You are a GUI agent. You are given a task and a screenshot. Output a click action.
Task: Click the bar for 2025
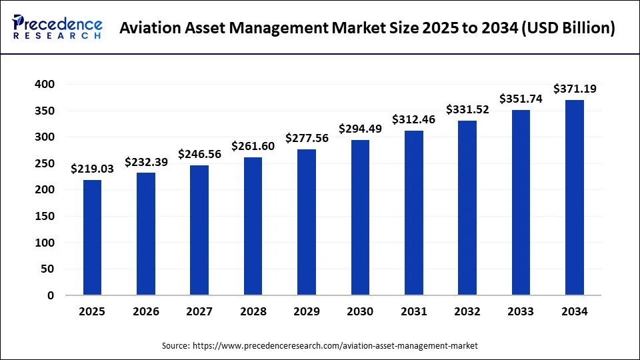point(93,237)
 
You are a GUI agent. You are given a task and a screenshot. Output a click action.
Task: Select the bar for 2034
point(574,197)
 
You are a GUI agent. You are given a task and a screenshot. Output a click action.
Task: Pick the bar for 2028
point(253,226)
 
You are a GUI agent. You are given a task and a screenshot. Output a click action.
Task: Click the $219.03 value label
point(93,169)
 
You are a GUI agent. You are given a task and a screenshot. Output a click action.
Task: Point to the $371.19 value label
point(574,89)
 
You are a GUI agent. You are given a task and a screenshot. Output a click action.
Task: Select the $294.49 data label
point(360,129)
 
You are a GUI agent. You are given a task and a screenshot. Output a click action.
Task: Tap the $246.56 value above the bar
point(199,154)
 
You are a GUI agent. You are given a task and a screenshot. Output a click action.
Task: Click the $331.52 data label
point(467,109)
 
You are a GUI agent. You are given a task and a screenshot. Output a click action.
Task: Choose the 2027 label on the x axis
point(199,311)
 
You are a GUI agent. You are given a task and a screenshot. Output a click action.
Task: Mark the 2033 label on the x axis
point(521,311)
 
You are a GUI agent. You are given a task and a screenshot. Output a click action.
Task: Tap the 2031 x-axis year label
point(413,311)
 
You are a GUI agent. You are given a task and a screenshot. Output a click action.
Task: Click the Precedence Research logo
point(57,27)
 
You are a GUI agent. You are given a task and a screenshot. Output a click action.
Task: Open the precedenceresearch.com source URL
point(335,346)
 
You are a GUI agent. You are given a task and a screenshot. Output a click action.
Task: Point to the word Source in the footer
point(175,346)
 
